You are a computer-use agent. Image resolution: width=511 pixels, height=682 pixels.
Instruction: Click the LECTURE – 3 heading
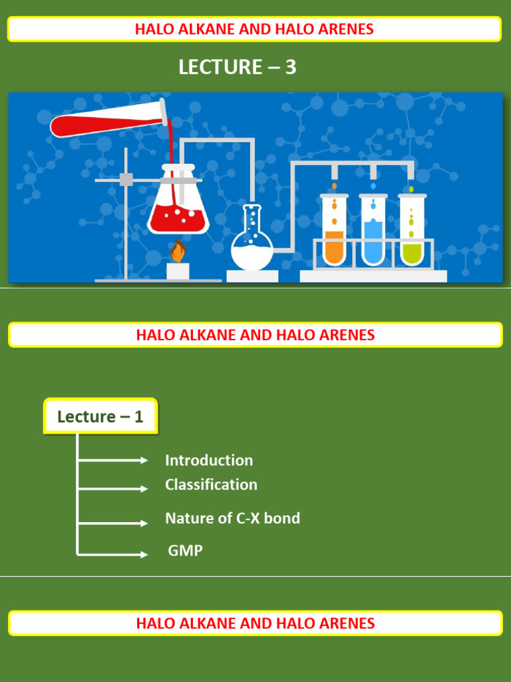[x=238, y=67]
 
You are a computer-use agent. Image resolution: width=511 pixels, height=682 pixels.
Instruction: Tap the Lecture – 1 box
[x=100, y=417]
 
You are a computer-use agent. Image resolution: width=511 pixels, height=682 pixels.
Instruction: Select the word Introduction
[x=209, y=460]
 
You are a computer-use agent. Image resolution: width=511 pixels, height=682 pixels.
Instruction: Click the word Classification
[x=211, y=485]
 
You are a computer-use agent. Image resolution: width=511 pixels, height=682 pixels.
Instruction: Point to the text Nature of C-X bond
[x=232, y=518]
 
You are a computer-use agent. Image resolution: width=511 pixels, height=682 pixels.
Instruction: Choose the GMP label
[x=185, y=551]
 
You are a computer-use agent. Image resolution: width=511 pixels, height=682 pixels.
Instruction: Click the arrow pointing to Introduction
[x=113, y=460]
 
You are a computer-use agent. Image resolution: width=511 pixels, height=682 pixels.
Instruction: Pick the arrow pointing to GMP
[x=113, y=554]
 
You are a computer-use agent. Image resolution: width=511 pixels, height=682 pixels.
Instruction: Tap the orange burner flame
[x=177, y=252]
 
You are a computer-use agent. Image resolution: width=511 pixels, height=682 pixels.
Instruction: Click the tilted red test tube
[x=106, y=123]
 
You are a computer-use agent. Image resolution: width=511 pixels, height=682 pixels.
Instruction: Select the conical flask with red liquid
[x=178, y=206]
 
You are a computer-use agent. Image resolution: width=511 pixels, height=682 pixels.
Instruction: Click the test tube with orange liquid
[x=334, y=230]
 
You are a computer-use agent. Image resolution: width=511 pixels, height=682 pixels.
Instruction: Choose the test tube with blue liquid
[x=373, y=230]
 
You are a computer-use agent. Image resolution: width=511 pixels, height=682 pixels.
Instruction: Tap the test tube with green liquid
[x=413, y=230]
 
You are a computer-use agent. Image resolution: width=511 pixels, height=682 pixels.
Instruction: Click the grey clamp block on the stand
[x=126, y=179]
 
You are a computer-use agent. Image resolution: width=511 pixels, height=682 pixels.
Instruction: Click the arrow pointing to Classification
[x=113, y=489]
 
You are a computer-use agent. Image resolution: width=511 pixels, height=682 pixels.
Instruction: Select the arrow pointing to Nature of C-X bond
[x=113, y=523]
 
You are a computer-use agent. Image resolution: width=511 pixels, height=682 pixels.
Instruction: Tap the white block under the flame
[x=178, y=271]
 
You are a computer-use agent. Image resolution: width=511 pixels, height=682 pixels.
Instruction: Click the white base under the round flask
[x=252, y=276]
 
